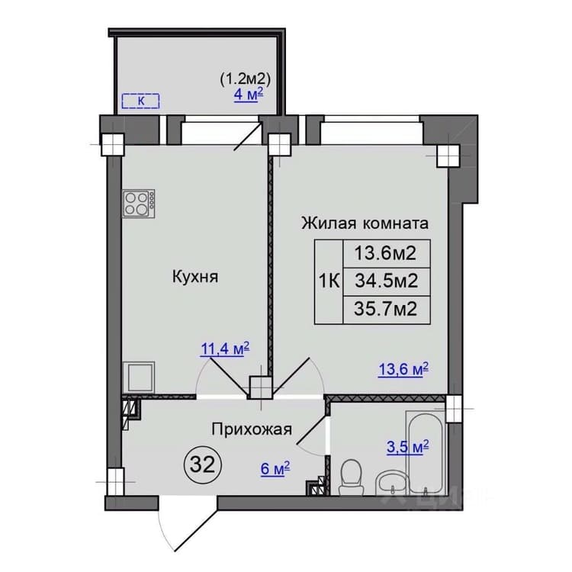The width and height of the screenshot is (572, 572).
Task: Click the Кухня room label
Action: (195, 277)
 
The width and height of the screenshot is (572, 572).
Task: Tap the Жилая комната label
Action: (365, 223)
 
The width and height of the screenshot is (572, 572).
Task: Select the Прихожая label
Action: (252, 429)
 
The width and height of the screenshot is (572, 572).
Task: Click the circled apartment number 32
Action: (203, 464)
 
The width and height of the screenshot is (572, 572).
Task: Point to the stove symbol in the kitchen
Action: (139, 204)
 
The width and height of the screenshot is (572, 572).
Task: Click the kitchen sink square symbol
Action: (139, 378)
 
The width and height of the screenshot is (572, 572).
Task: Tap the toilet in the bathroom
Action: (351, 477)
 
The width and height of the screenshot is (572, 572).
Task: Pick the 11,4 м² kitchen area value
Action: (225, 349)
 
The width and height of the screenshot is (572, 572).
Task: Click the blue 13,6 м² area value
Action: (403, 370)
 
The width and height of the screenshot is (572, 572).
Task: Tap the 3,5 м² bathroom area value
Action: (407, 447)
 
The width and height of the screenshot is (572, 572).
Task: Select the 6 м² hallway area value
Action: (275, 468)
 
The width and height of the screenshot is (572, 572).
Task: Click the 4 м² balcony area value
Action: (249, 94)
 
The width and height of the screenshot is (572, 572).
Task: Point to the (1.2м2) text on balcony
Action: (245, 79)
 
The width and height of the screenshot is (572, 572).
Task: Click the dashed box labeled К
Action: (141, 101)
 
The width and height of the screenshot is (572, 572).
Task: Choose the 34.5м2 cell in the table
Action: (387, 281)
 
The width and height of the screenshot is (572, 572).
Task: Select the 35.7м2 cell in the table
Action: (387, 310)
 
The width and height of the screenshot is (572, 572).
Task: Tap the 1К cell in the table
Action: (329, 281)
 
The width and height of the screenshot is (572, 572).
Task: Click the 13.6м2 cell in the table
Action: (387, 253)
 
